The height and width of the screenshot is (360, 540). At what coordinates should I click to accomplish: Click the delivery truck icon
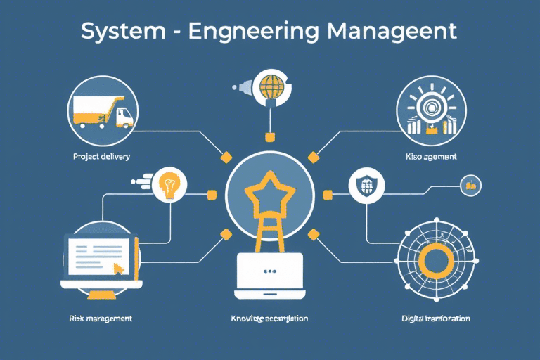pyautogui.click(x=104, y=111)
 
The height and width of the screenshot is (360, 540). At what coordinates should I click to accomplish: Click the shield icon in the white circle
pyautogui.click(x=368, y=186)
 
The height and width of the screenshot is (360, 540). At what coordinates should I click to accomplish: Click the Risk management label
pyautogui.click(x=101, y=319)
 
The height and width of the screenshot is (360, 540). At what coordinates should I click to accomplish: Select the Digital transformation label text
pyautogui.click(x=436, y=319)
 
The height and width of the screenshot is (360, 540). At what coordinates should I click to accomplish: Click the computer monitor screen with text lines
pyautogui.click(x=98, y=257)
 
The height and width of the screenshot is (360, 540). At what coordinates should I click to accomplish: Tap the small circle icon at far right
pyautogui.click(x=470, y=186)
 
